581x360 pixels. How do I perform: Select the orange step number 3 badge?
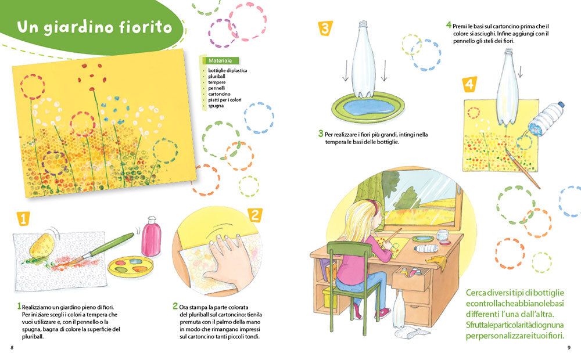click(325, 28)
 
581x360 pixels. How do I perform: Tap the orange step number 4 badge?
click(470, 85)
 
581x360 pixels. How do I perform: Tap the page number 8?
click(12, 348)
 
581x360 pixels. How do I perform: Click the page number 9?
click(569, 348)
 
